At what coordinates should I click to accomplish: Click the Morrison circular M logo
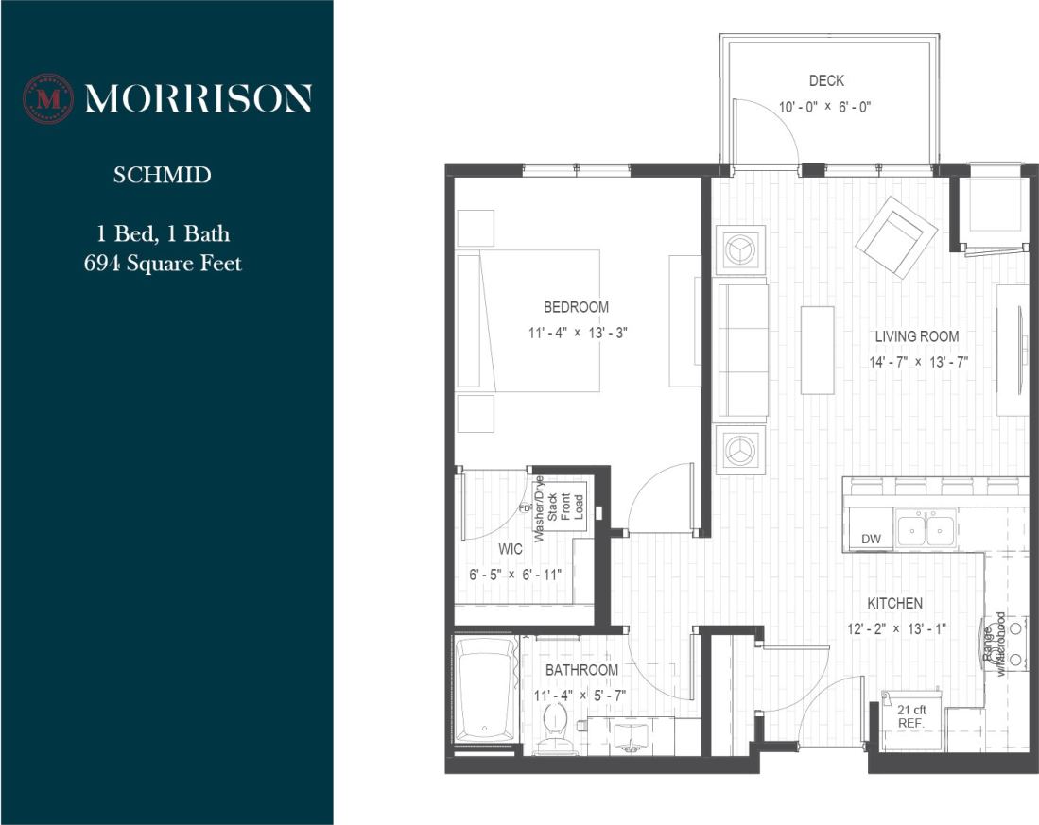47,98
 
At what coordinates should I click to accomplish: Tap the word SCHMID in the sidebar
162,176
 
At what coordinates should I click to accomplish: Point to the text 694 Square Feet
163,263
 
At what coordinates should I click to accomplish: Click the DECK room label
826,81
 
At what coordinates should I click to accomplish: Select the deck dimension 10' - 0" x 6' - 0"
824,107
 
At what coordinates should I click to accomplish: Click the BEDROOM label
576,307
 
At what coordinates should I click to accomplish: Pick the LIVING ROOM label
916,336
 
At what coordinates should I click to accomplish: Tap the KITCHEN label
895,603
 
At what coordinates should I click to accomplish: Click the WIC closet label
511,548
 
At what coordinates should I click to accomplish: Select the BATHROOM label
581,670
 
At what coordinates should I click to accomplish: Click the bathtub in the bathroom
486,691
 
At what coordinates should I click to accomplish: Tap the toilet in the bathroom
555,730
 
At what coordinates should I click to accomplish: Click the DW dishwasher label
871,540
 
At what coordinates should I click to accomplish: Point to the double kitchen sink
926,528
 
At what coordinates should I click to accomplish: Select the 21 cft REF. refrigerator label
910,715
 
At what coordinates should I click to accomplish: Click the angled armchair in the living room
895,237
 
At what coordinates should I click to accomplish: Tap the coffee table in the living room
817,350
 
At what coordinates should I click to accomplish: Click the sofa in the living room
742,350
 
